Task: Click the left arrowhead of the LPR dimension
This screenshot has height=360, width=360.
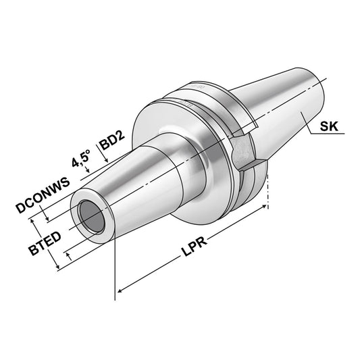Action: [121, 292]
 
